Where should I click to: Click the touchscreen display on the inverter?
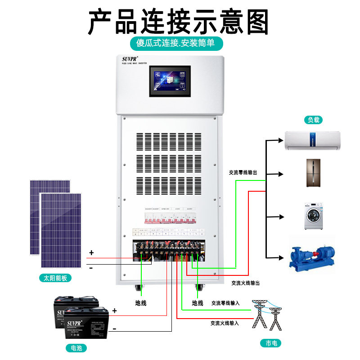coord(170,81)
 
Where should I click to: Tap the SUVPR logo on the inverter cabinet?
coord(130,59)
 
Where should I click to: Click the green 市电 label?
coord(270,343)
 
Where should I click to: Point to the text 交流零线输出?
coord(243,172)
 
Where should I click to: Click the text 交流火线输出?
coord(245,283)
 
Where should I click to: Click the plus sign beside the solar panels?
coord(91,253)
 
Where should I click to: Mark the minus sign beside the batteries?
coord(114,329)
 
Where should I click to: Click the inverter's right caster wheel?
coord(198,287)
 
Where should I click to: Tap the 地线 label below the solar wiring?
coord(141,303)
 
